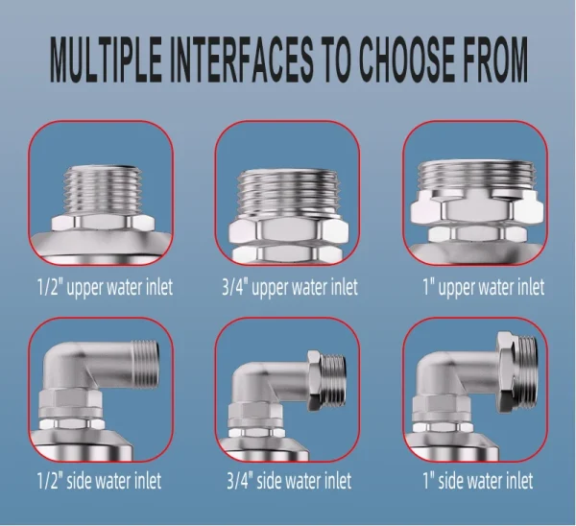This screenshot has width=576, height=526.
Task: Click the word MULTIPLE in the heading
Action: (106, 60)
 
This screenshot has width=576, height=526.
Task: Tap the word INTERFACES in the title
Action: (242, 60)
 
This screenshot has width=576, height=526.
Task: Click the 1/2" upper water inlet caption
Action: (105, 287)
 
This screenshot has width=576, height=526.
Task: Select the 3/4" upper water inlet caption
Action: (290, 287)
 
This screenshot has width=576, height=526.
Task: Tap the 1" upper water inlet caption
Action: (484, 287)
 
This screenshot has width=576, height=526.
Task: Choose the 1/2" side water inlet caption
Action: (99, 481)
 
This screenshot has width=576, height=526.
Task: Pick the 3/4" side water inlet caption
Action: (289, 481)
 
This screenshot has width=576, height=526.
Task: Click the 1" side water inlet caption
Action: (478, 481)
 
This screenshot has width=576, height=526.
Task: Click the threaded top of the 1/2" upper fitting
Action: (102, 191)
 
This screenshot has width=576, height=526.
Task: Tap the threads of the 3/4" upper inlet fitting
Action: (287, 195)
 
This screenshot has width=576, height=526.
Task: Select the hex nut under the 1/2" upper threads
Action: (103, 224)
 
